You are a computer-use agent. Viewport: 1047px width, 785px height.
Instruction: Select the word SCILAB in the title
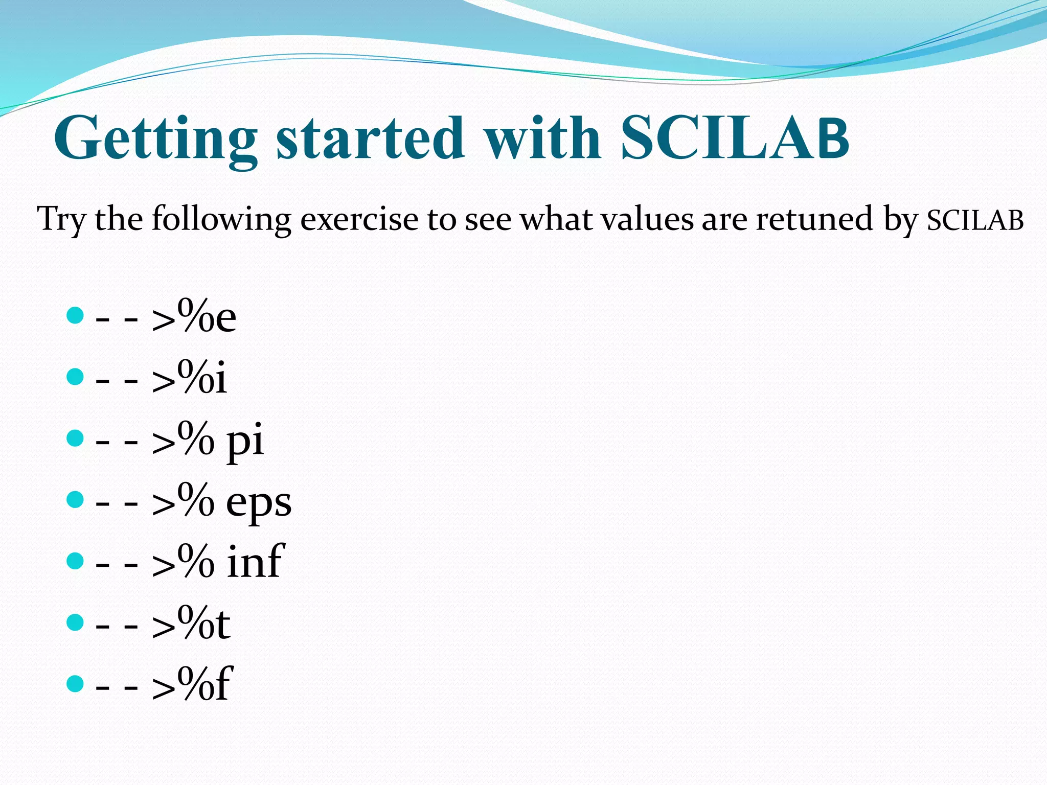pos(734,138)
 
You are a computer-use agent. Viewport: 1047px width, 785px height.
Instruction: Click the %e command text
pos(207,317)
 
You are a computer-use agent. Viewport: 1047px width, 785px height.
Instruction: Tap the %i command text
pos(202,378)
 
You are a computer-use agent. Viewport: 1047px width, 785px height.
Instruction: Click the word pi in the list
pos(245,441)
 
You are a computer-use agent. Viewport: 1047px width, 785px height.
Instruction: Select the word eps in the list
pos(259,503)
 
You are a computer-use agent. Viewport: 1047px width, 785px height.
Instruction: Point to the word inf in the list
pos(255,562)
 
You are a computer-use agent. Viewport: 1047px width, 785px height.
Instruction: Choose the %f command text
pos(205,685)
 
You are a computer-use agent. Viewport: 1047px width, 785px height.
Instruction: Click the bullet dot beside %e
pos(75,315)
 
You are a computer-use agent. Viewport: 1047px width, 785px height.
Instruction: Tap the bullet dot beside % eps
pos(75,499)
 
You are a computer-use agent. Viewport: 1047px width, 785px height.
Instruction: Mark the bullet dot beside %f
pos(75,683)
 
